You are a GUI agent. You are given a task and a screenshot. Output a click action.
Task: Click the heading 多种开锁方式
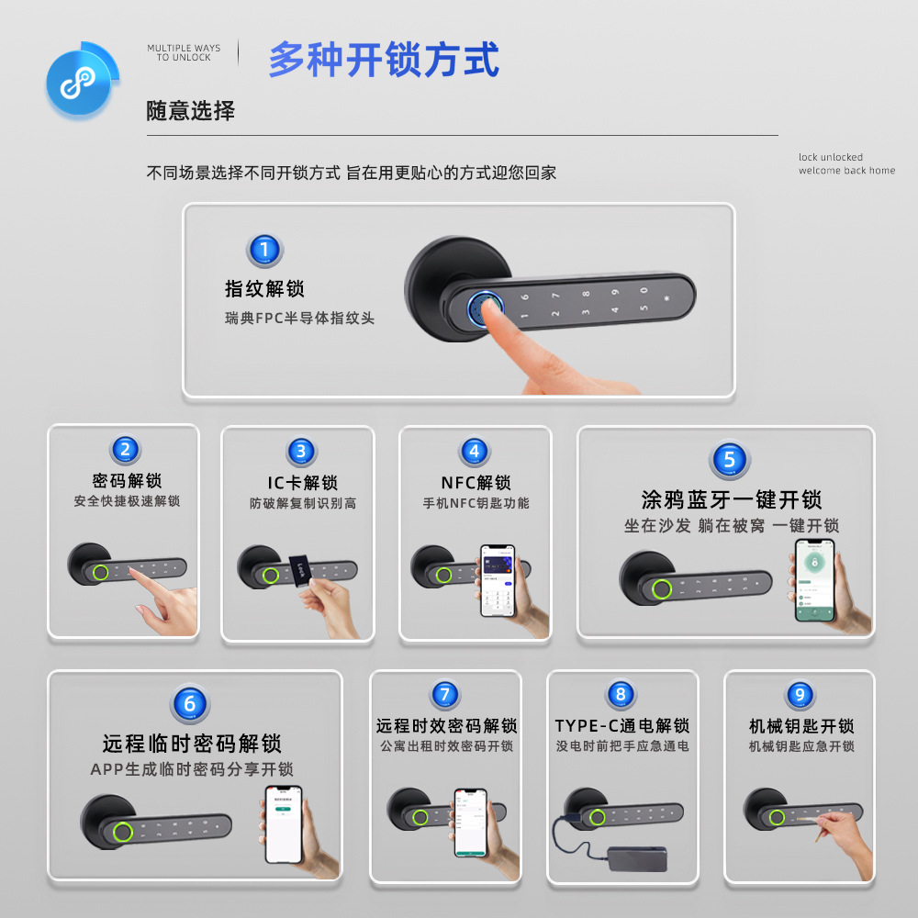[384, 60]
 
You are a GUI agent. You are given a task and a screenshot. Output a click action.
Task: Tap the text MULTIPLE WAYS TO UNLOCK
[184, 52]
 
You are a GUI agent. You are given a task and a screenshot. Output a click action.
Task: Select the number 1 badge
[264, 251]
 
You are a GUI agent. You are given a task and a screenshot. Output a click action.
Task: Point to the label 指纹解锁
[264, 289]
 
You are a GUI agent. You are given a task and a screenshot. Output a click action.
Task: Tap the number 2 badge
[126, 450]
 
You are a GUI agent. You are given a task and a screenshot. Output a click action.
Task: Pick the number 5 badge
[729, 460]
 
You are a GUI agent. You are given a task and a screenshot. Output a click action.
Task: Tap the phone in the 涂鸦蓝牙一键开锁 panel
[814, 580]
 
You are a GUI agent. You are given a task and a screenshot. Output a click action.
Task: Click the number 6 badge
[190, 704]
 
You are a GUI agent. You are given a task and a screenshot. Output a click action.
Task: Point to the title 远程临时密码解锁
[192, 743]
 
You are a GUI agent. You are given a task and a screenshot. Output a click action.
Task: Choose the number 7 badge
[445, 695]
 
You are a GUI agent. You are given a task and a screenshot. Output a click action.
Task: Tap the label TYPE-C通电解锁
[621, 726]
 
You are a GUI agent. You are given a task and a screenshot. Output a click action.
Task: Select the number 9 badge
[800, 695]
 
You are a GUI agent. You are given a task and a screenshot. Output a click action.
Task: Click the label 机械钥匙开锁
[801, 726]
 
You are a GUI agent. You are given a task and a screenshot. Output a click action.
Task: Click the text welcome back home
[846, 171]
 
